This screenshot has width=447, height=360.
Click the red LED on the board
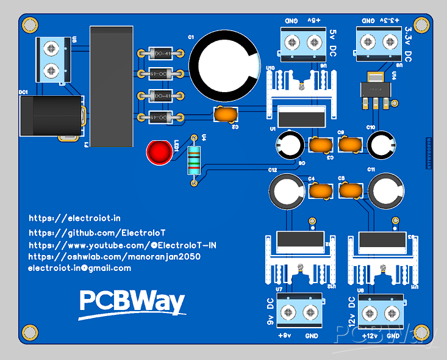[159, 153]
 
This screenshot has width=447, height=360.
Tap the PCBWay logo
[132, 303]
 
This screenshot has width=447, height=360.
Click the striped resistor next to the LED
[194, 160]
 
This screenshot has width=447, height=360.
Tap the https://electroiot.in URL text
[74, 218]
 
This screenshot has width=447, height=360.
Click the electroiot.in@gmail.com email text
[79, 268]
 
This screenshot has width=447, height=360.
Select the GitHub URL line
[97, 233]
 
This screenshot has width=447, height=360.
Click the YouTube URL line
[123, 245]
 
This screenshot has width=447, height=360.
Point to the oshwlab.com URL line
[114, 257]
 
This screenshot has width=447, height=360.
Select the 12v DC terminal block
[380, 314]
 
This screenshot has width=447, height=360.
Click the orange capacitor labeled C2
[226, 114]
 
